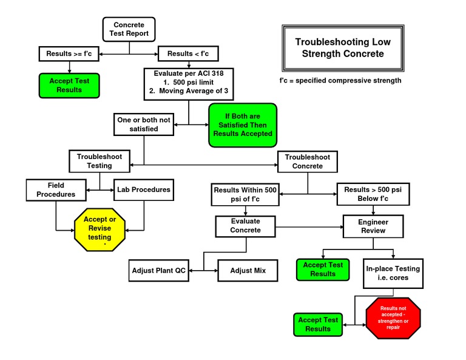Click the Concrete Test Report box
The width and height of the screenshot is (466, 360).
point(129,29)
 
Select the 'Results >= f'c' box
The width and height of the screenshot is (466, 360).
point(69,54)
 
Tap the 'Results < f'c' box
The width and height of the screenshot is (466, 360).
point(188,54)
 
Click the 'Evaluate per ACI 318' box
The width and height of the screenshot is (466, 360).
point(189,83)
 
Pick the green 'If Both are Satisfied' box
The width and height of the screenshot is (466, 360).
point(243,125)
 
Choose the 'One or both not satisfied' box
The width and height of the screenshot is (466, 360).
point(144,124)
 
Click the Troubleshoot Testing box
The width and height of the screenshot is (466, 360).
point(100,161)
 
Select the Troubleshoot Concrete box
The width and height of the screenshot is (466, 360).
point(308,161)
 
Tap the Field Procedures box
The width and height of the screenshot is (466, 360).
point(55,190)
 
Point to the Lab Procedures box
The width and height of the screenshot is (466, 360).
point(144,189)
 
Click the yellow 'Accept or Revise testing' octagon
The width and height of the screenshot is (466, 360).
point(100,228)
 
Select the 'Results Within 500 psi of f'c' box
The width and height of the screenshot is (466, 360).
point(245,194)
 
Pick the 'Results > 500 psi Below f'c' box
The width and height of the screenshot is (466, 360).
point(373,194)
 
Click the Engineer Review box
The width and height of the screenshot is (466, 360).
point(373,226)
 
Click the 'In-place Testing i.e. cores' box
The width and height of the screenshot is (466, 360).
point(393,273)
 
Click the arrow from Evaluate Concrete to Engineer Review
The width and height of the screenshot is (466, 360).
point(309,227)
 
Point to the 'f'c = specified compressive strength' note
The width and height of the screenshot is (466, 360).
point(340,81)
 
